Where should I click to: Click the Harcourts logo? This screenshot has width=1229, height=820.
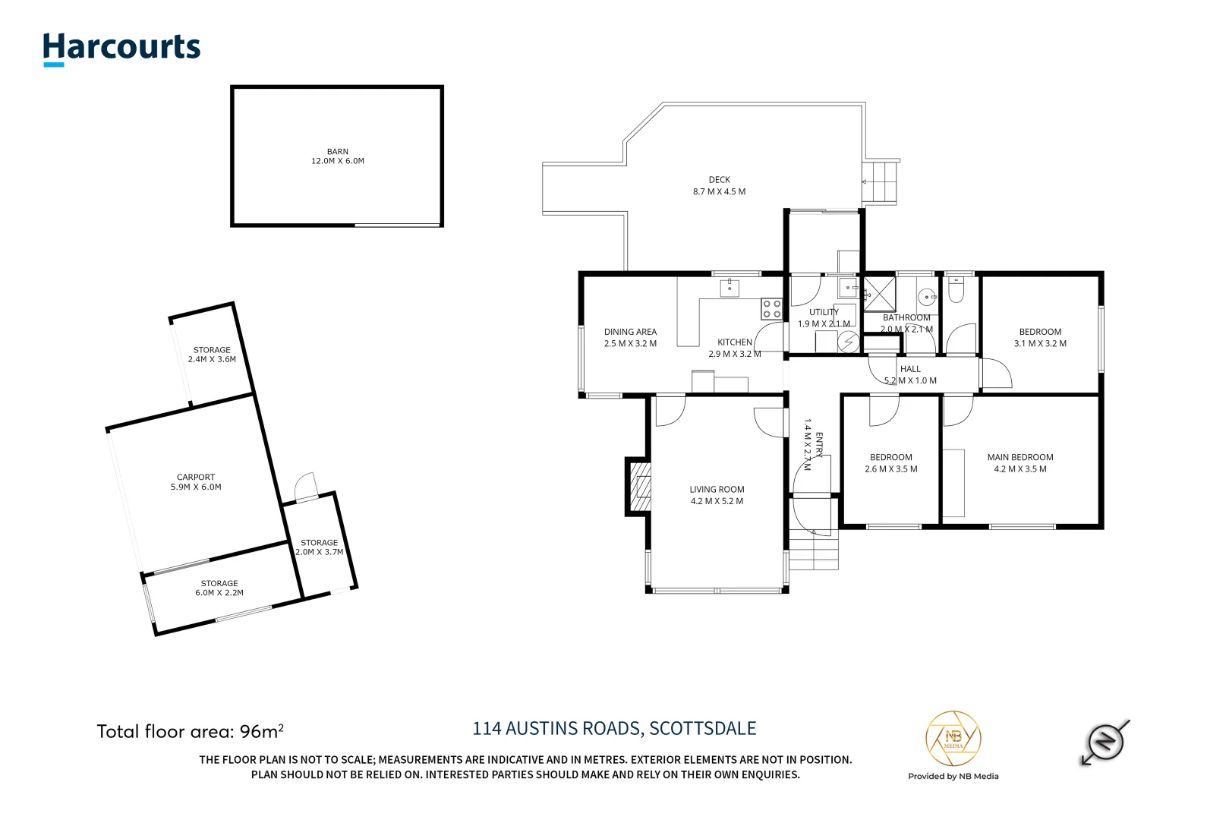point(121,48)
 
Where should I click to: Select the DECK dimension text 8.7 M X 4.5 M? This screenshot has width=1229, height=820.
point(719,191)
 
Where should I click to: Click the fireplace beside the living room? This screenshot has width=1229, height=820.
point(639,487)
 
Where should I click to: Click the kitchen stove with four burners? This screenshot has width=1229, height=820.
point(772,308)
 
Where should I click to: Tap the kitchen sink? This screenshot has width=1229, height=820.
point(730,288)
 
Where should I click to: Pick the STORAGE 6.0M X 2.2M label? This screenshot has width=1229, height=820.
point(219,588)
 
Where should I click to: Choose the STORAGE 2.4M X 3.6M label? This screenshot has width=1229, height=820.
point(212,355)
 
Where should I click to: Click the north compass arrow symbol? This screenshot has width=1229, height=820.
point(1105,741)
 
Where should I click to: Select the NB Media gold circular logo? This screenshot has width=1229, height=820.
point(953,739)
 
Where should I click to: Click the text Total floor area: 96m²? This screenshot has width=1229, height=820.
point(190,731)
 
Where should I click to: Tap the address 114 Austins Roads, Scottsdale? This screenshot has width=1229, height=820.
point(614,729)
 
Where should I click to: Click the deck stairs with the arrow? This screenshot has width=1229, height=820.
point(881,182)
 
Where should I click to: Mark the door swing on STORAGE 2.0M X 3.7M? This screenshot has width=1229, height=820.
point(306,487)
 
